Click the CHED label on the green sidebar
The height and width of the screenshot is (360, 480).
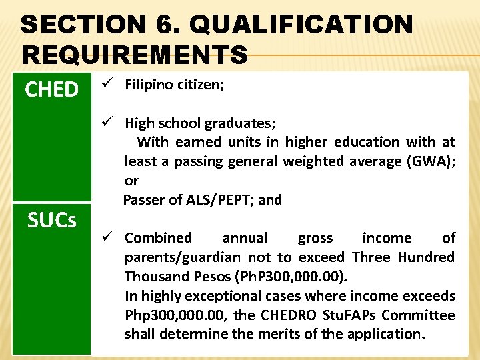[x=52, y=89]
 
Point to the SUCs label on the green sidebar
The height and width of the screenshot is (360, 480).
[x=52, y=219]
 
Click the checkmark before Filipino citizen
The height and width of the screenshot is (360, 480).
[x=105, y=85]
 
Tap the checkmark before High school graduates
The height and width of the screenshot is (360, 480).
[x=105, y=123]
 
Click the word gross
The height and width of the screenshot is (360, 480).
[x=315, y=238]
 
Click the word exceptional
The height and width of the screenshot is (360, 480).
[x=223, y=296]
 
